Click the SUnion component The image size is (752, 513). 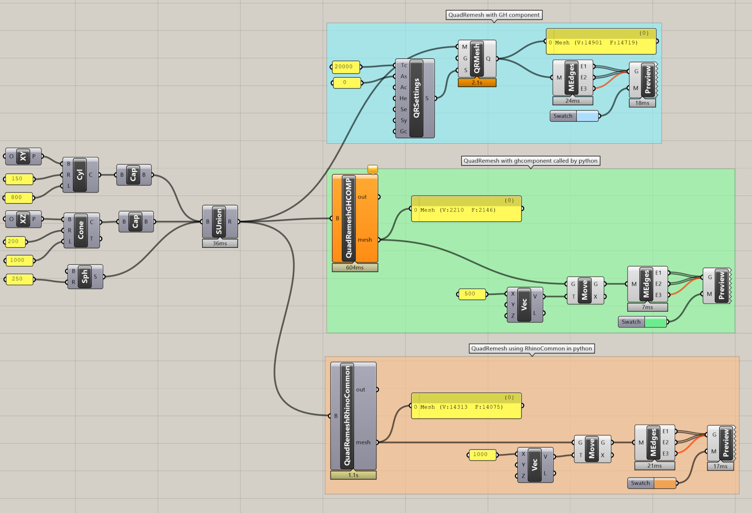(x=220, y=222)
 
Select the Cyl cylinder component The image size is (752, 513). (x=81, y=175)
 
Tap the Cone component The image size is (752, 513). (x=82, y=230)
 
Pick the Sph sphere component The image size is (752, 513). (x=85, y=277)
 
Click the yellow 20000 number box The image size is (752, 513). (x=345, y=66)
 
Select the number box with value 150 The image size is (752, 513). (x=19, y=179)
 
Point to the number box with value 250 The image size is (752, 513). (x=19, y=279)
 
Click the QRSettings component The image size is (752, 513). (x=415, y=98)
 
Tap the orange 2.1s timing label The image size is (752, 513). (x=477, y=82)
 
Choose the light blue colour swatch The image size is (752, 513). (x=587, y=116)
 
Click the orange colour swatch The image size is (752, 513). (x=665, y=483)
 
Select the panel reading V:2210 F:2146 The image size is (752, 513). (x=466, y=209)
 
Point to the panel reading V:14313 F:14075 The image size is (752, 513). (x=466, y=406)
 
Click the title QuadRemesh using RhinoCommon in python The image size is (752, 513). (x=532, y=348)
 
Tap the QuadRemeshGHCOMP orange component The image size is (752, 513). (x=355, y=218)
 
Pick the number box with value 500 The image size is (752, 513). (x=472, y=294)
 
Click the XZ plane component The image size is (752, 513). (x=23, y=219)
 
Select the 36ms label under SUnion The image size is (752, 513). (x=220, y=244)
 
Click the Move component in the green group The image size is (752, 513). (x=585, y=291)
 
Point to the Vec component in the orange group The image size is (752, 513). (x=535, y=465)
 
